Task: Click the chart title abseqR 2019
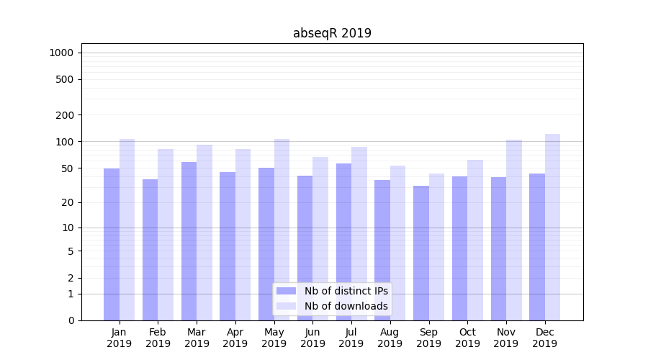click(x=332, y=33)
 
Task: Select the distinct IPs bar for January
click(x=112, y=245)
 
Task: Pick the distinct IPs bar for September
click(x=421, y=253)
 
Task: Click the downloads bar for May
click(x=282, y=230)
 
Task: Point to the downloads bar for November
click(x=514, y=230)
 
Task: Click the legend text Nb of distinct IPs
click(x=346, y=291)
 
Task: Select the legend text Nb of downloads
click(x=346, y=306)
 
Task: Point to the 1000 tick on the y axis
click(x=61, y=53)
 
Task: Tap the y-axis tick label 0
click(x=71, y=320)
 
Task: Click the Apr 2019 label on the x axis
click(x=235, y=338)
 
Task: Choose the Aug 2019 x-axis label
click(x=390, y=338)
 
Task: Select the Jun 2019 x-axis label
click(x=312, y=338)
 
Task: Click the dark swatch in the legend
click(x=286, y=291)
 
